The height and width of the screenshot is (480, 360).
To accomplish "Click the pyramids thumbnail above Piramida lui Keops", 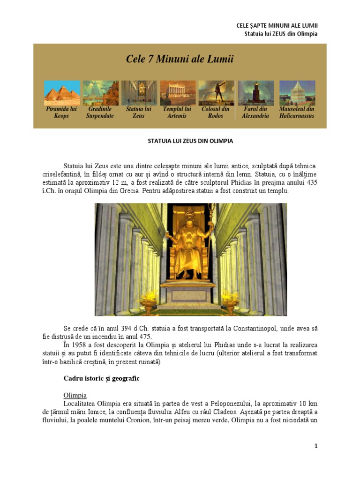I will [x=62, y=93].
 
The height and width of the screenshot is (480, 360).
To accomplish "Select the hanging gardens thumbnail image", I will [x=100, y=93].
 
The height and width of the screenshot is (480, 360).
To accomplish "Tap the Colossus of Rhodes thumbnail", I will [x=216, y=93].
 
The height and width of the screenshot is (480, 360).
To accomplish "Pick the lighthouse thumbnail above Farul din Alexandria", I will [x=255, y=93].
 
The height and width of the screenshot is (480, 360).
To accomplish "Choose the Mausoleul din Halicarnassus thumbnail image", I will [x=297, y=93].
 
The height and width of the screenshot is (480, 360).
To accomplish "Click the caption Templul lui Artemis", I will [x=177, y=112].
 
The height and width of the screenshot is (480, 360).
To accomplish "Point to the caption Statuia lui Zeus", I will [x=139, y=112].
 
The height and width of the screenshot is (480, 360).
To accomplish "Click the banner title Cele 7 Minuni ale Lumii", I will [x=180, y=60].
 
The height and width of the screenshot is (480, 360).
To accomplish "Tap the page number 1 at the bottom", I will [x=316, y=446].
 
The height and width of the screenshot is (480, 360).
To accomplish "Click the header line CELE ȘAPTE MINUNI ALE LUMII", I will [x=280, y=25].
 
